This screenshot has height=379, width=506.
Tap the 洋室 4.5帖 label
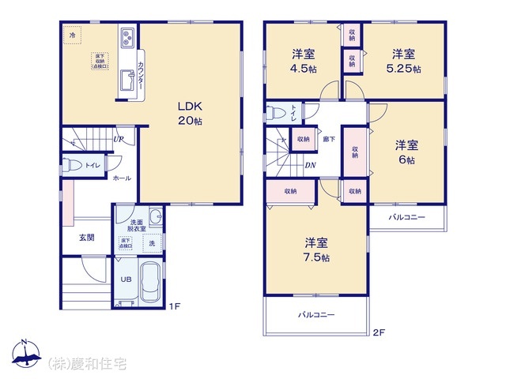[304, 61]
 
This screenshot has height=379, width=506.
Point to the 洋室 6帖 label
[406, 152]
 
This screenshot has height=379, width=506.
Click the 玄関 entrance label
[86, 238]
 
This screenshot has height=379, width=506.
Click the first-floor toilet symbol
[72, 165]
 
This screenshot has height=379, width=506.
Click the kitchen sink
[126, 80]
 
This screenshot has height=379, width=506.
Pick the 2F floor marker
[379, 332]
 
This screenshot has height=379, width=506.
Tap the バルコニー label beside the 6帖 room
[406, 217]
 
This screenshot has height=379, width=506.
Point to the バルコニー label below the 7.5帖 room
[316, 315]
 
